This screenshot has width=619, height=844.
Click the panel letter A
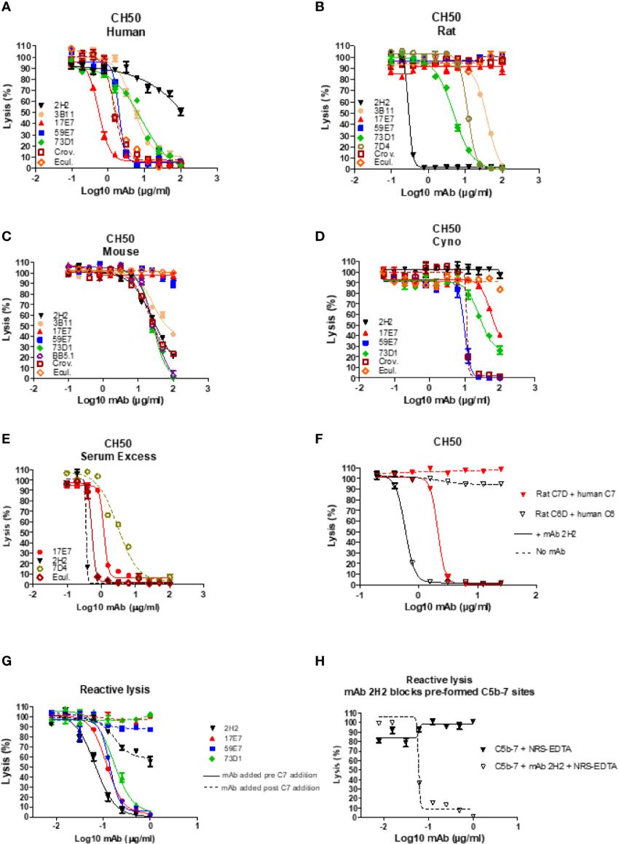[x=7, y=7]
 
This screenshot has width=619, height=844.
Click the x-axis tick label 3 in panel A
[x=216, y=178]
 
